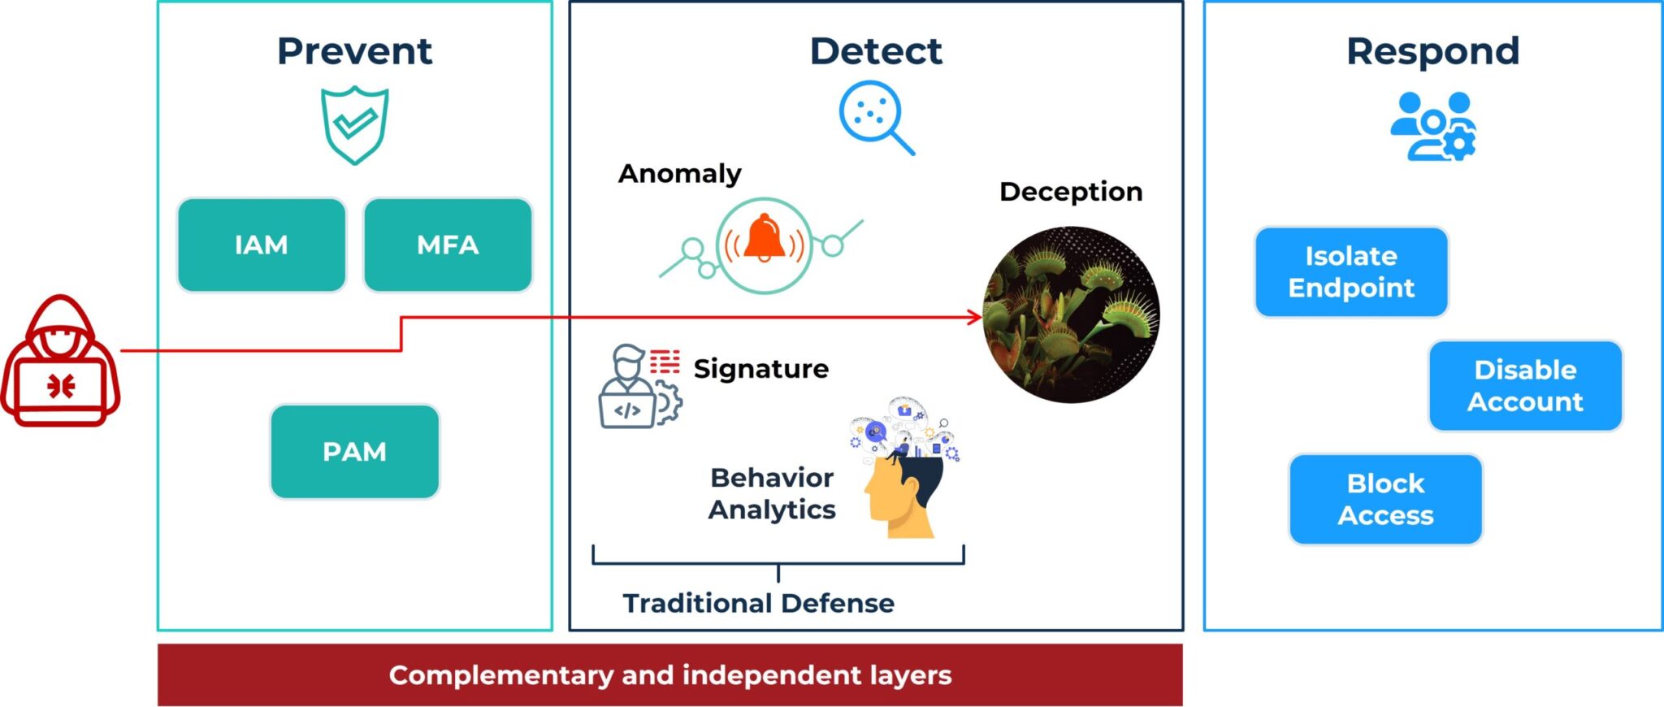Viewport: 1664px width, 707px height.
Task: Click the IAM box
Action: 261,245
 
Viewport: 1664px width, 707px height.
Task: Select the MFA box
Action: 448,245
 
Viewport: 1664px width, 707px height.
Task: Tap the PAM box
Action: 354,452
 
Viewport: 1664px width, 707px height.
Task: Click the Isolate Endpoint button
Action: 1351,272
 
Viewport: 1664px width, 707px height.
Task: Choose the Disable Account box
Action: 1525,386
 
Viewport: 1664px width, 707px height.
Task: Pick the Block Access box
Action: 1385,500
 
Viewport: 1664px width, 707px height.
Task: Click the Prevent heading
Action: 354,51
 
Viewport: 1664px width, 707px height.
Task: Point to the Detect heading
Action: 876,51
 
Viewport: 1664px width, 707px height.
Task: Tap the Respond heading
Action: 1432,51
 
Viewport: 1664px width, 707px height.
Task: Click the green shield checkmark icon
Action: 354,124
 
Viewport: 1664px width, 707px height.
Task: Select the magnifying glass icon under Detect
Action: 874,116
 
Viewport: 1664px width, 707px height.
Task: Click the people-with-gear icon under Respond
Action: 1432,126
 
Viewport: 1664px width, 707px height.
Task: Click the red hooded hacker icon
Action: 60,362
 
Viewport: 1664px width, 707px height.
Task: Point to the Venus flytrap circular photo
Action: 1071,315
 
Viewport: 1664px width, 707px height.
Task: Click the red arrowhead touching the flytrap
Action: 975,317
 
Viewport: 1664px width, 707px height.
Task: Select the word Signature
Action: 760,369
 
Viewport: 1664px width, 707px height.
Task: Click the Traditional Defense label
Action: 758,604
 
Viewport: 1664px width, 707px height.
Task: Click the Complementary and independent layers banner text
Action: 669,675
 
